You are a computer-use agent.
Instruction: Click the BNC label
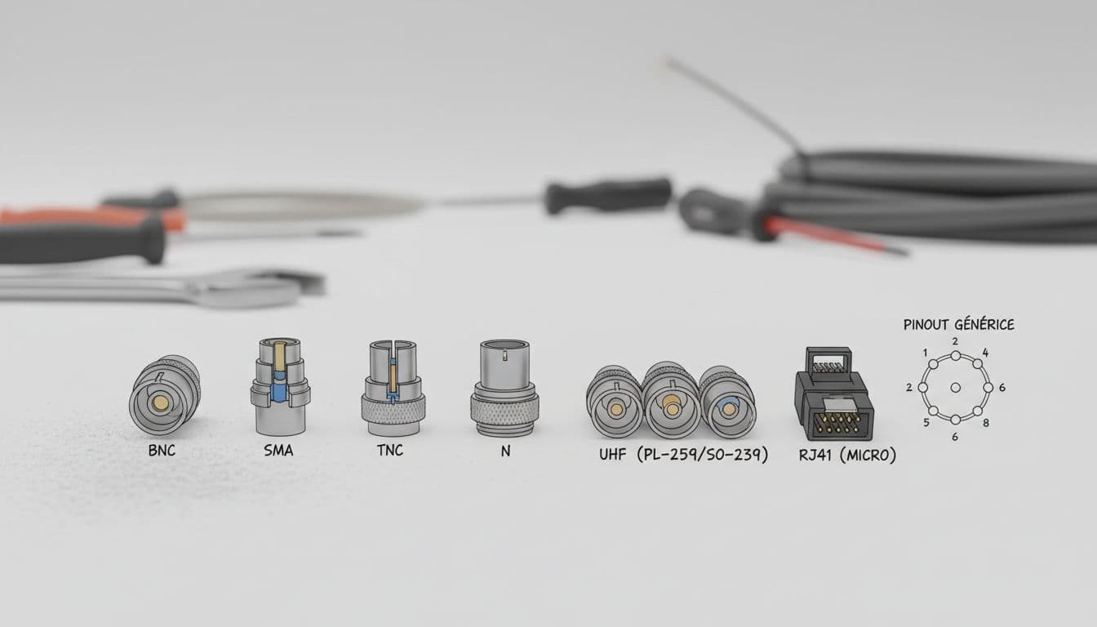[x=162, y=450]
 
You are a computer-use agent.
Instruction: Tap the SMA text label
[x=278, y=450]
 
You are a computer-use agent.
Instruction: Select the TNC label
[x=390, y=450]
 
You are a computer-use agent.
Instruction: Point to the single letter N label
[x=505, y=451]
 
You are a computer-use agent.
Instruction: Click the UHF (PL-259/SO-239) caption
[x=683, y=455]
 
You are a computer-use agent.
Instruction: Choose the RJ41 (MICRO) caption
[x=847, y=455]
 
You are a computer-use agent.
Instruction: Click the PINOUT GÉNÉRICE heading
[x=958, y=324]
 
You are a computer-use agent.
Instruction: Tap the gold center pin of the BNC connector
[x=160, y=402]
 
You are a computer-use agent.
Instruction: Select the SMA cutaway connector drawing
[x=280, y=386]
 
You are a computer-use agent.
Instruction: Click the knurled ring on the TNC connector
[x=393, y=409]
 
